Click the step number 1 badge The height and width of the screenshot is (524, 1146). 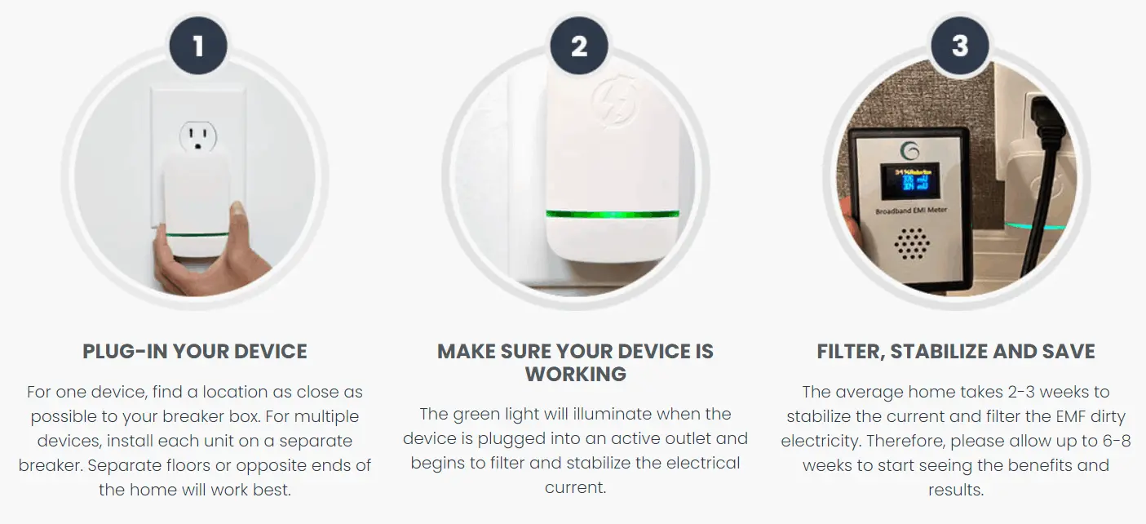point(198,47)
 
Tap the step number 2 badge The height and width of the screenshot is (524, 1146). point(579,47)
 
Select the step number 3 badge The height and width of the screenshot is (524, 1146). point(959,47)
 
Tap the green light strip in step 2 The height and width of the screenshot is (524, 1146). point(612,215)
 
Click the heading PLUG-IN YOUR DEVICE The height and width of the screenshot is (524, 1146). point(195,352)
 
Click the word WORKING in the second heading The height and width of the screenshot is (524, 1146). point(576,375)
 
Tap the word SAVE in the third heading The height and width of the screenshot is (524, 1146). point(1068,352)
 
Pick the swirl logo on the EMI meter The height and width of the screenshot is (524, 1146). point(910,150)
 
